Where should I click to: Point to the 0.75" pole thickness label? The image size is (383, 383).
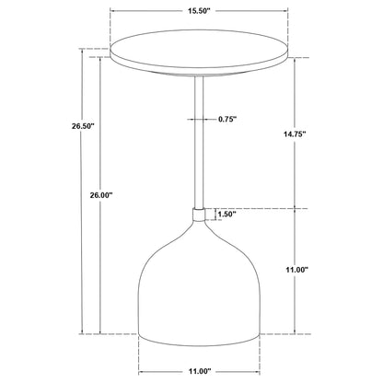pyautogui.click(x=232, y=119)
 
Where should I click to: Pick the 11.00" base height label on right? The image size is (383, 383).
pyautogui.click(x=320, y=269)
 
